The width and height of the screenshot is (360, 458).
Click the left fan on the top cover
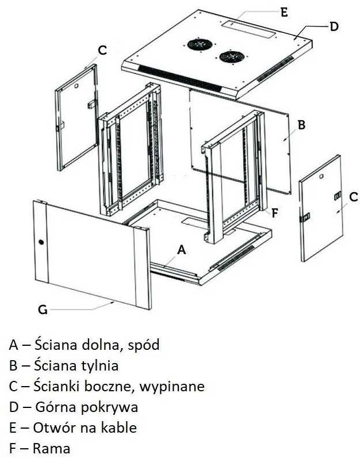point(199,44)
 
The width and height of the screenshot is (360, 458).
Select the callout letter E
point(284,12)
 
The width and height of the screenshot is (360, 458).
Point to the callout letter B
point(300,124)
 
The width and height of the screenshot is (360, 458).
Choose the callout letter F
point(275,212)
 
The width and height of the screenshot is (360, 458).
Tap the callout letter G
point(43,310)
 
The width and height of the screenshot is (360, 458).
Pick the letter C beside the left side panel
point(102,51)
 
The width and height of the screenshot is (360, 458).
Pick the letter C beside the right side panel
point(353,197)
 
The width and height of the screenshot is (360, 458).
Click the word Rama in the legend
point(52,448)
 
